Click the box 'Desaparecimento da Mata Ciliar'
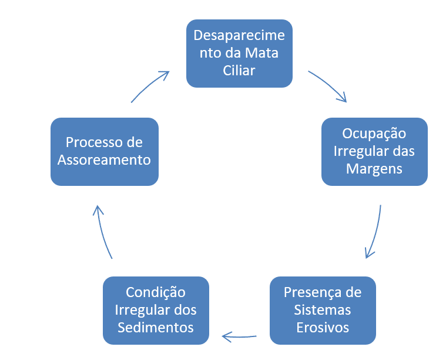[239, 54]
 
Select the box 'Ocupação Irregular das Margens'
[374, 152]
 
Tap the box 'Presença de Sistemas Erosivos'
[323, 311]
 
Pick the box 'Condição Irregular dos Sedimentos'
[156, 311]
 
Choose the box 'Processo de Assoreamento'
[105, 152]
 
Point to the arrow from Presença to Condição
[239, 337]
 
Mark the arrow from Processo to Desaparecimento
[149, 85]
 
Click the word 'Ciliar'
[239, 71]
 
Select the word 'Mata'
[261, 53]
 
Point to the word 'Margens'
[374, 169]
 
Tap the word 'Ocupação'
[374, 134]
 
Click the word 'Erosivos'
[323, 328]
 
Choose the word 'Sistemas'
[322, 310]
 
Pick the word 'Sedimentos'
[156, 328]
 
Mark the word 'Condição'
[156, 292]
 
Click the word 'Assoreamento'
[104, 160]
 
